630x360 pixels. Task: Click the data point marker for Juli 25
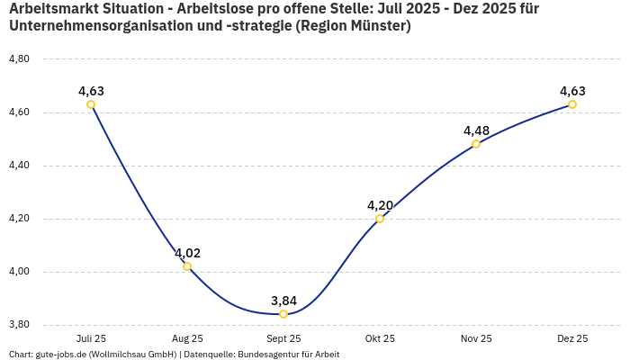(91, 104)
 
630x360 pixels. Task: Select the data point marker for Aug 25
(187, 266)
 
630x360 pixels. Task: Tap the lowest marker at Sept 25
(283, 314)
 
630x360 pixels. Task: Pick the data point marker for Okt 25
(380, 219)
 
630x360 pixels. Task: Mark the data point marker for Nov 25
(476, 144)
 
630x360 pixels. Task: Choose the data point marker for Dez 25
(572, 104)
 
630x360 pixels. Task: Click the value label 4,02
(187, 253)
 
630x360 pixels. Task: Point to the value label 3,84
(283, 301)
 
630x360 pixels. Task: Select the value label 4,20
(380, 205)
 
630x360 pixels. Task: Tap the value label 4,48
(476, 130)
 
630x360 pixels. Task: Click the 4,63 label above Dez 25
(572, 91)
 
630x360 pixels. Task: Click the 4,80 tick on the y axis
(19, 59)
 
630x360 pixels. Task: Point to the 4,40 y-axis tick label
(19, 166)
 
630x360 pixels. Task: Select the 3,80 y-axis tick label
(19, 325)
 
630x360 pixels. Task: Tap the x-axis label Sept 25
(283, 338)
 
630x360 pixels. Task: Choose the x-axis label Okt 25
(380, 338)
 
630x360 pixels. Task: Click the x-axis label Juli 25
(91, 338)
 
